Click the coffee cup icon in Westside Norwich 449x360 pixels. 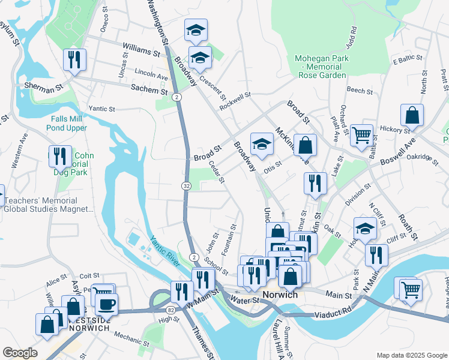106,304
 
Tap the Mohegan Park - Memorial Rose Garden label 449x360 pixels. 327,67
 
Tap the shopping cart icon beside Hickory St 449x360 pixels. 361,136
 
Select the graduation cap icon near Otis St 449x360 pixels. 262,143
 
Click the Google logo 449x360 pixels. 20,353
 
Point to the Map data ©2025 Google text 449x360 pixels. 411,355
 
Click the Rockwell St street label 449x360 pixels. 235,100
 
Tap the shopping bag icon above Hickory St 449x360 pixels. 412,115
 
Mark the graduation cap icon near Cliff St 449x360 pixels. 365,228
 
